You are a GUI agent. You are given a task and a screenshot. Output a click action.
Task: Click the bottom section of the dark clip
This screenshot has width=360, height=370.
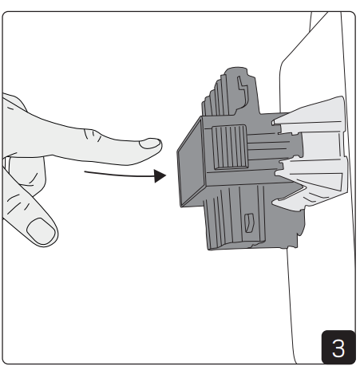pos(239,231)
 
